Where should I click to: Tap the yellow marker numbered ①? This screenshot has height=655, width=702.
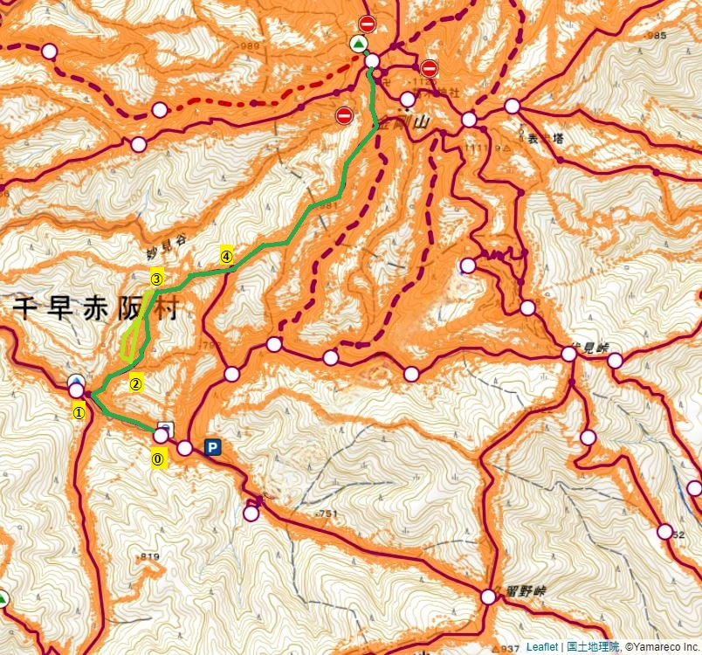coord(79,413)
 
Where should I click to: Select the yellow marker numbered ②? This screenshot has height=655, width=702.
coord(136,383)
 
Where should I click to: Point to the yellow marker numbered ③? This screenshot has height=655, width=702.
coord(157,279)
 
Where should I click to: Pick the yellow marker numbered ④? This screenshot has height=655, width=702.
coord(226,257)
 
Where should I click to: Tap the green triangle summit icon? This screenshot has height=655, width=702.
coord(357,44)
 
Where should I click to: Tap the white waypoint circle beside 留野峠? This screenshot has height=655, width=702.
coord(488,597)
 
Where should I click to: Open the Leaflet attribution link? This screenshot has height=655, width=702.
coord(542,647)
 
